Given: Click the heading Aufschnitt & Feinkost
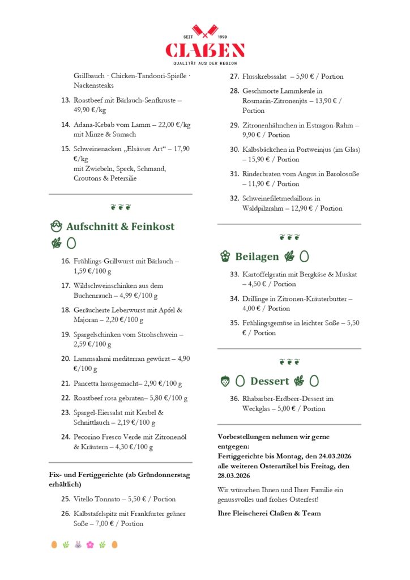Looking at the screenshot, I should pos(120,227).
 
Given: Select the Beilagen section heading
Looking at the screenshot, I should pos(257,257).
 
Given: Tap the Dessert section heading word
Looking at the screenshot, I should pos(270,381).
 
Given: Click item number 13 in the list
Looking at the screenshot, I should pos(65,100).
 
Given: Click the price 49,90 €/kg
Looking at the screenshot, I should pos(90,110).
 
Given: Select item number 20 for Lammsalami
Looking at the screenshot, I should pos(65,359).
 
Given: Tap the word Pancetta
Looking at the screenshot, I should pos(88,383).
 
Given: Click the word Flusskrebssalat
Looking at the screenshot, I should pos(264,76).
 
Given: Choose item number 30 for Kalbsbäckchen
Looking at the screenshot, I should pos(234,150).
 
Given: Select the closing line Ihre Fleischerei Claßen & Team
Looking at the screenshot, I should pos(269,514).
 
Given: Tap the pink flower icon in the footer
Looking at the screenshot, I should pos(90,544).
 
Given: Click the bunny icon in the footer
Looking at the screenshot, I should pos(78,544).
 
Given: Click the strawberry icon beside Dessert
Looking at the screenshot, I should pos(225,381).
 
